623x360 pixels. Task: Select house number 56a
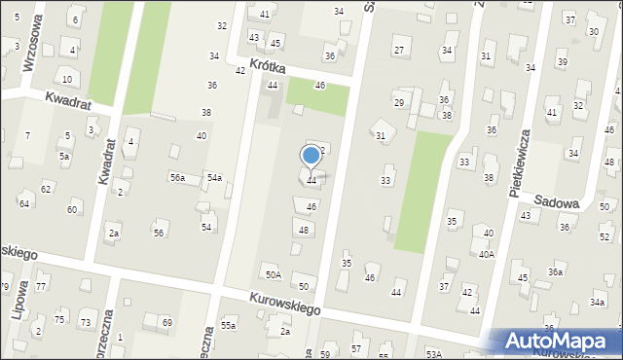[x=177, y=177]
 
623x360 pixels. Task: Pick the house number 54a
[x=214, y=177]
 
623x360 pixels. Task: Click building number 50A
[x=274, y=275]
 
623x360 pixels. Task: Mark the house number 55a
[x=228, y=325]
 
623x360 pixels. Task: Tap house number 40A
[x=486, y=254]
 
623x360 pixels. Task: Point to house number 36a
[x=555, y=272]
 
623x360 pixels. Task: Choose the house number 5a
[x=64, y=156]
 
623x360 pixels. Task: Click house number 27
[x=398, y=50]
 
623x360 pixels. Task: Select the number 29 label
[x=398, y=102]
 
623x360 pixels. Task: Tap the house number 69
[x=166, y=322]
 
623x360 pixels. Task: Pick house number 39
[x=562, y=61]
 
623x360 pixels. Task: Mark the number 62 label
[x=46, y=188]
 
